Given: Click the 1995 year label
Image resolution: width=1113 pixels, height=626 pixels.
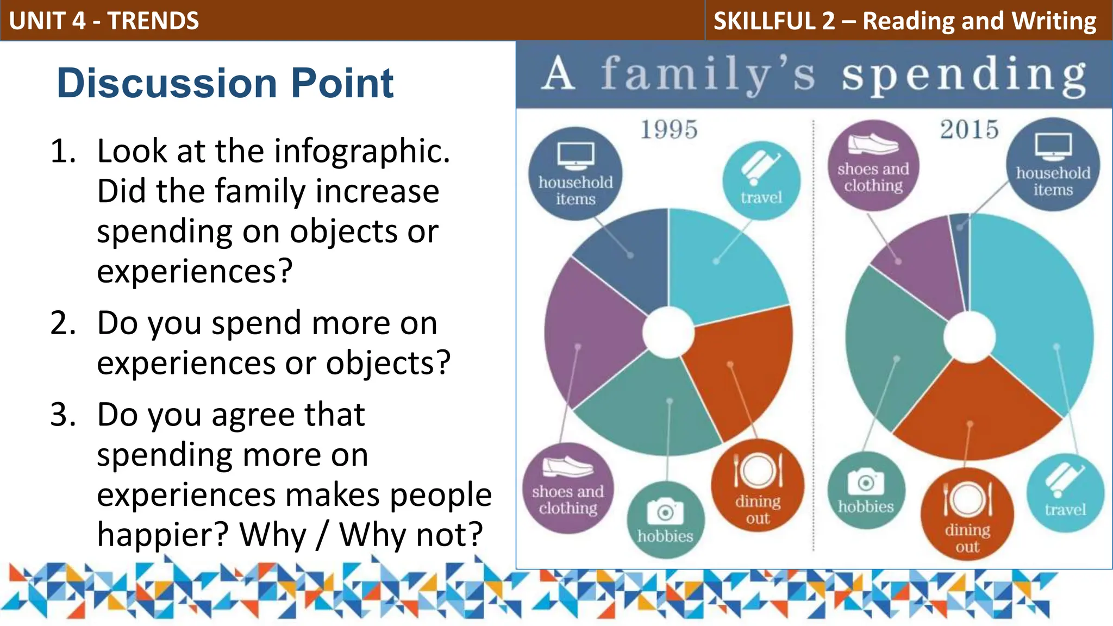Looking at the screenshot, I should click(x=668, y=130).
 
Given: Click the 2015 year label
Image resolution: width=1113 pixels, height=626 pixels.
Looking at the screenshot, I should click(x=970, y=130).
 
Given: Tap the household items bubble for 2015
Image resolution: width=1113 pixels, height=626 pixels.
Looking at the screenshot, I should click(x=1053, y=165).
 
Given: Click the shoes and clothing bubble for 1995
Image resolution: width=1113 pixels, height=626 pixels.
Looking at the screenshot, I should click(x=568, y=487).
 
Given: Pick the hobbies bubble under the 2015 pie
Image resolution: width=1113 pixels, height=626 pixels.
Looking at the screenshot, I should click(x=866, y=490).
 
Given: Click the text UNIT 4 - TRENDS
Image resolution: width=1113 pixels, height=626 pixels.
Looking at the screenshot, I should click(x=104, y=21).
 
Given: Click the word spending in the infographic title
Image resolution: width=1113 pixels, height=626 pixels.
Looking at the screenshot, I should click(x=963, y=76).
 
